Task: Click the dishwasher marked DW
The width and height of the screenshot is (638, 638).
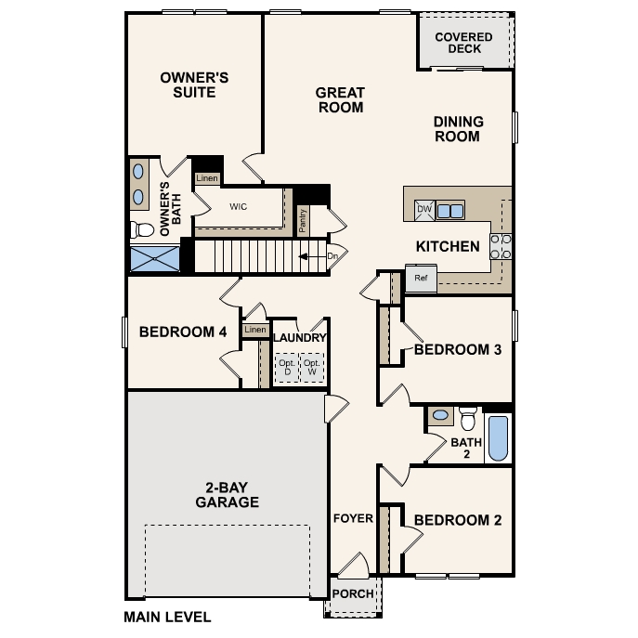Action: (424, 210)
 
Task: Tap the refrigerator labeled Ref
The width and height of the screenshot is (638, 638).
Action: (421, 278)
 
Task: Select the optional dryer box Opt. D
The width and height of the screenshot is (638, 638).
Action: (287, 368)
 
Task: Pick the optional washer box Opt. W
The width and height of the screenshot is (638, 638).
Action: (312, 368)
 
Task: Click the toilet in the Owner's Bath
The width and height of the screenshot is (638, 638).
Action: (142, 229)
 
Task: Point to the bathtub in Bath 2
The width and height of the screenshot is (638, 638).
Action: (498, 437)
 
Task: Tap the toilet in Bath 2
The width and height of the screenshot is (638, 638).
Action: (468, 418)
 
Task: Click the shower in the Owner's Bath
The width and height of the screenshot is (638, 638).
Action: (154, 258)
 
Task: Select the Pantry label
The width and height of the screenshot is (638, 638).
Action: (303, 220)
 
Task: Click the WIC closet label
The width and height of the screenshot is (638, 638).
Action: (238, 207)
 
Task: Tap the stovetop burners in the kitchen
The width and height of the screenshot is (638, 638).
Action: (501, 247)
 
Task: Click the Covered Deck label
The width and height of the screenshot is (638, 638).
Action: (463, 43)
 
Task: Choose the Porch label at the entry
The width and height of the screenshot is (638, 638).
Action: (353, 593)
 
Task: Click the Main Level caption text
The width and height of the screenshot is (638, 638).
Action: (168, 618)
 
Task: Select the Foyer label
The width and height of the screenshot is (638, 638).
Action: (353, 518)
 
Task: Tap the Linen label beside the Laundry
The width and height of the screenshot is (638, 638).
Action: (255, 330)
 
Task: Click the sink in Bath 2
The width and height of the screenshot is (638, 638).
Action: (440, 415)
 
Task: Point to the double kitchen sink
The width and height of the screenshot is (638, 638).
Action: (450, 211)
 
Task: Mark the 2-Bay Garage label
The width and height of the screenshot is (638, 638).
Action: (227, 495)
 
